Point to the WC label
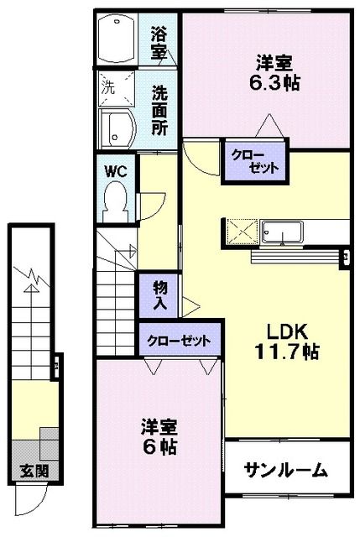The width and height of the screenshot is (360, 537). coord(114,170)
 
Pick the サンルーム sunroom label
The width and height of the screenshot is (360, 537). coord(285,471)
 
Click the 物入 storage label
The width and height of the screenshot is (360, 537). coord(159,296)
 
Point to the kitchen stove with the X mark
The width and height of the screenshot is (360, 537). coord(242,229)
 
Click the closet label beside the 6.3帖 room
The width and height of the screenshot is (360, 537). coord(253,161)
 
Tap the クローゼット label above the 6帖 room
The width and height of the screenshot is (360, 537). coord(179,341)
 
